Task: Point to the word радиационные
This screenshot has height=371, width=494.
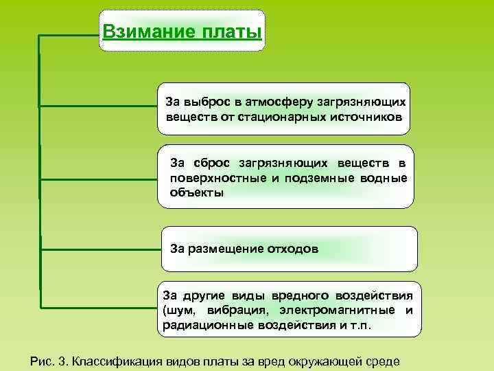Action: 204,325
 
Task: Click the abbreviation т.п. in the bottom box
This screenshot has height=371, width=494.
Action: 360,325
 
